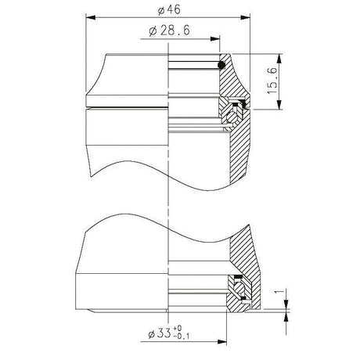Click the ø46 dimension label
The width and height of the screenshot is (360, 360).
point(169,10)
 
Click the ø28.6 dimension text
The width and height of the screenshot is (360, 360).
point(169,31)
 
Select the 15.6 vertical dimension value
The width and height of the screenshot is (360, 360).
point(272,81)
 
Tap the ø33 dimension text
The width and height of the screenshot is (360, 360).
point(160,333)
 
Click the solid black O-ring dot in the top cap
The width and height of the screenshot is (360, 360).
point(221,65)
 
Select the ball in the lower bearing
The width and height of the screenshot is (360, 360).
point(238,288)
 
